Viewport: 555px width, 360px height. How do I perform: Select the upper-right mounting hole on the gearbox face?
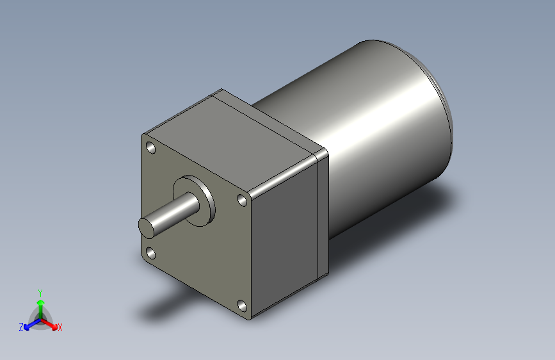pyautogui.click(x=243, y=200)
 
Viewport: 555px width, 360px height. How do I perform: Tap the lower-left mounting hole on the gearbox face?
pyautogui.click(x=150, y=254)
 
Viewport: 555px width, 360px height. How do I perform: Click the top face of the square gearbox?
pyautogui.click(x=237, y=141)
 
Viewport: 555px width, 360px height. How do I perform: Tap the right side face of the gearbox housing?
pyautogui.click(x=285, y=237)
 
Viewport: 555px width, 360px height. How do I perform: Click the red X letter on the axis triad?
pyautogui.click(x=60, y=327)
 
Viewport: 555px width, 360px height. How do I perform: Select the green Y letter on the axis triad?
pyautogui.click(x=40, y=291)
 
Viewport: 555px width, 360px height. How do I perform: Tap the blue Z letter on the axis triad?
pyautogui.click(x=21, y=327)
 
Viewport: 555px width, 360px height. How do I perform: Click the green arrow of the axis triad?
pyautogui.click(x=40, y=304)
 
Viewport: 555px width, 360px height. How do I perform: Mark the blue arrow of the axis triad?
pyautogui.click(x=29, y=324)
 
